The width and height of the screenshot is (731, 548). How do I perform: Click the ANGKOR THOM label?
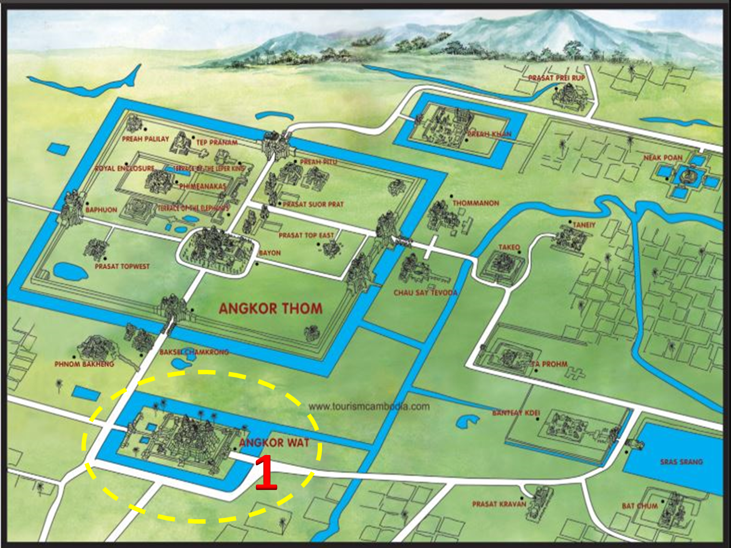270,308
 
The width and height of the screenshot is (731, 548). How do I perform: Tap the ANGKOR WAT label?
274,443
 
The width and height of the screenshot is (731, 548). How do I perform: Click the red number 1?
266,472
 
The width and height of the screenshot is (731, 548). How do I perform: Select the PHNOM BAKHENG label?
84,364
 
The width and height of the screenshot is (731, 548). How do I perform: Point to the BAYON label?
269,253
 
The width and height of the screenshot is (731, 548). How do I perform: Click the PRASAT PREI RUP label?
557,78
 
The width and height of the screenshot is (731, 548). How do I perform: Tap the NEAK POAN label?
663,158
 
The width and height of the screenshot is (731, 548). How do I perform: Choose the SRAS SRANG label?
681,462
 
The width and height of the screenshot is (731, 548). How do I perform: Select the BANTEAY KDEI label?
516,413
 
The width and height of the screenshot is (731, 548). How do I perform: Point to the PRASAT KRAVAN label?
499,504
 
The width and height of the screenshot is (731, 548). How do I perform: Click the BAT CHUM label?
639,506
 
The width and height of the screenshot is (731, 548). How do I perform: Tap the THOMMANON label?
476,203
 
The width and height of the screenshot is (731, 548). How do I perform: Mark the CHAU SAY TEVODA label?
425,293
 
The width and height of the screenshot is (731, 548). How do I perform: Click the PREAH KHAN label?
489,134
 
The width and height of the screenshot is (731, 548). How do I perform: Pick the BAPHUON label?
101,210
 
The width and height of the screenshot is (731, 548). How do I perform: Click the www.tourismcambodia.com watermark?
369,407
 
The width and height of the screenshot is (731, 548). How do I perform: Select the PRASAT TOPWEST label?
122,266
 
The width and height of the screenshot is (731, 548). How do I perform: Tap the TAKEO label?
509,247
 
